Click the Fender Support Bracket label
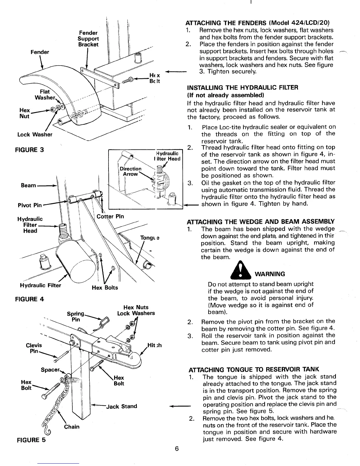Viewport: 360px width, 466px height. pyautogui.click(x=88, y=39)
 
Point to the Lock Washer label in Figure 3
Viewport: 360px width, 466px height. pyautogui.click(x=35, y=134)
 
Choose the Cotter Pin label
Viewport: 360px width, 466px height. pyautogui.click(x=110, y=217)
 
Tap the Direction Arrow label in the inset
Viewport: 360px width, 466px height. pyautogui.click(x=130, y=171)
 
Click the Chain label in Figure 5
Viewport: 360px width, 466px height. pyautogui.click(x=72, y=427)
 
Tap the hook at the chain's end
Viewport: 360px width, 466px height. pyautogui.click(x=47, y=432)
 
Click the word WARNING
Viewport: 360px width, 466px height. pyautogui.click(x=269, y=274)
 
